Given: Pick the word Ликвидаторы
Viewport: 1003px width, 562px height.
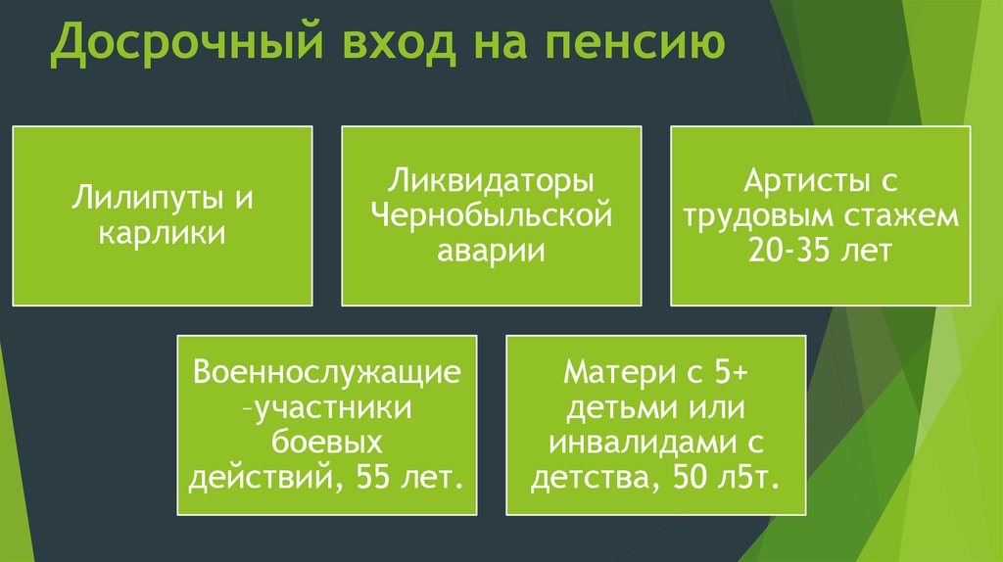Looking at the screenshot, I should point(491,181).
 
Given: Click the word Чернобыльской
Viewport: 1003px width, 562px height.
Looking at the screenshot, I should point(492,215).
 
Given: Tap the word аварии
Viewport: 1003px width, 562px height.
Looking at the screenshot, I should point(492,251).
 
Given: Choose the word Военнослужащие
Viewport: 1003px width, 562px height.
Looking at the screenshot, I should point(327,373).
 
